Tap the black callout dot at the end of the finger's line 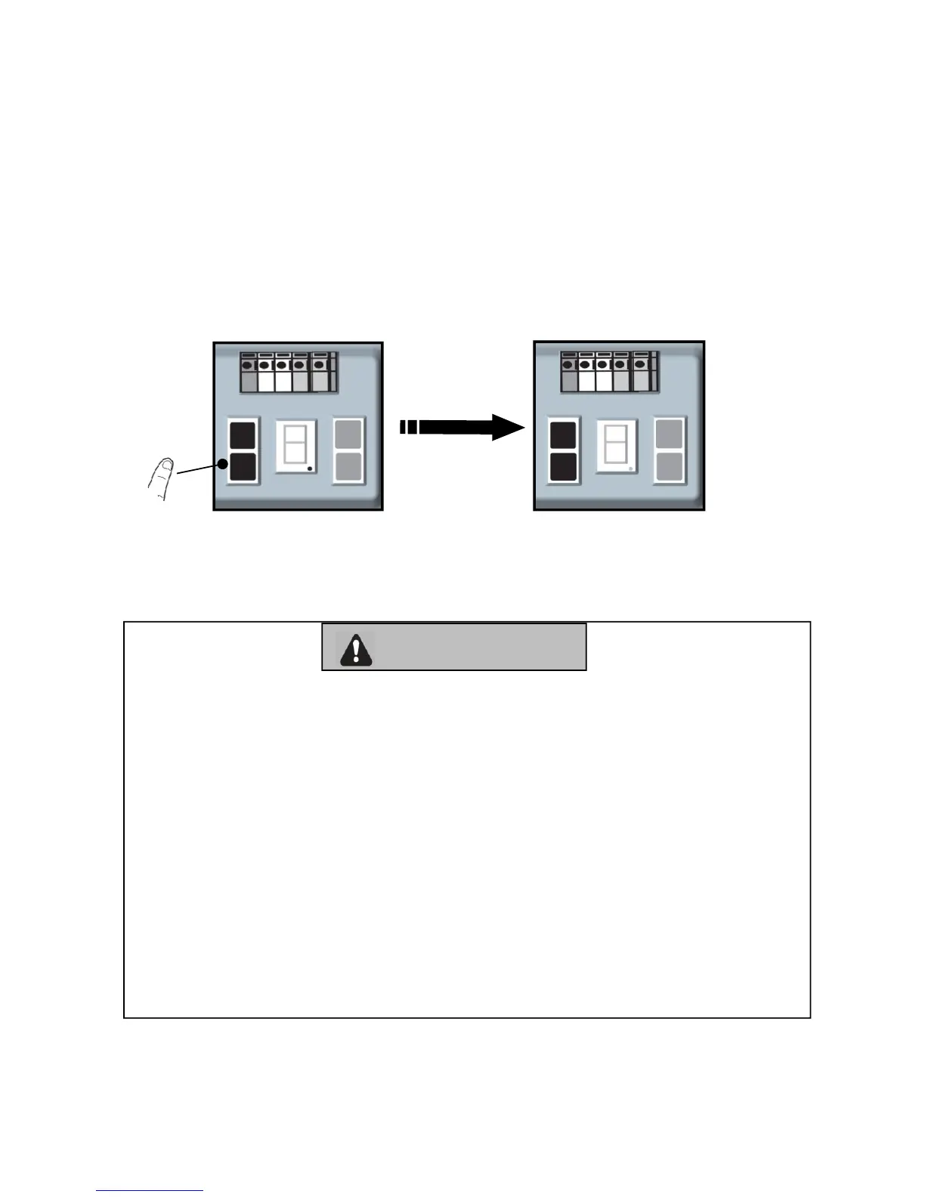click(224, 464)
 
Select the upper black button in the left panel click(243, 437)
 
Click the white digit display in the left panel click(295, 447)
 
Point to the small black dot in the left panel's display click(310, 469)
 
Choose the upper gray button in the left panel click(349, 435)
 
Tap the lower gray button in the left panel click(349, 467)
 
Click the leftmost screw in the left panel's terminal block click(249, 364)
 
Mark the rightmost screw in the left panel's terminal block click(319, 364)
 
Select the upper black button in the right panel click(563, 436)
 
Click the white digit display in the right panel click(617, 447)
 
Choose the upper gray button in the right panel click(670, 435)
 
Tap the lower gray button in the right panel click(670, 467)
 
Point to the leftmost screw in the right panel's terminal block click(569, 364)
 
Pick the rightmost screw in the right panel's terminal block click(639, 364)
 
